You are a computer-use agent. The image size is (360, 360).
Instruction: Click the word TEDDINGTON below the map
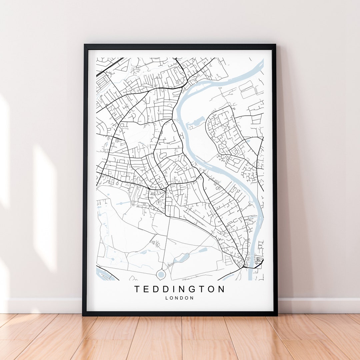coord(180,289)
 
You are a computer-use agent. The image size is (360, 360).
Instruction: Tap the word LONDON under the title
coord(179,298)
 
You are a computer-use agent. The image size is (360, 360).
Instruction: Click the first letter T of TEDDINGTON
coord(137,289)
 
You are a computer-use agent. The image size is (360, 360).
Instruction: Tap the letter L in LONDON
coord(167,298)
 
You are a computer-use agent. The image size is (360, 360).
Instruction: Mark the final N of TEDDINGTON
coord(222,289)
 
